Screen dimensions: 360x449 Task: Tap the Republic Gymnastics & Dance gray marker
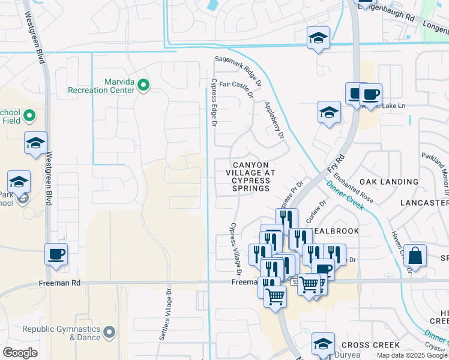click(x=109, y=331)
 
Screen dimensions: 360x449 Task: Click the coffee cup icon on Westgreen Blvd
click(x=56, y=254)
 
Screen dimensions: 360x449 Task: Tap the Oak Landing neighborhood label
click(x=388, y=181)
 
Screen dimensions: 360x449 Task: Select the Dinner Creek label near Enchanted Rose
click(x=345, y=196)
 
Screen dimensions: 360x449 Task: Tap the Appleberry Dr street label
click(x=274, y=119)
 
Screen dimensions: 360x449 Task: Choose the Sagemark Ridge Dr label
click(x=239, y=71)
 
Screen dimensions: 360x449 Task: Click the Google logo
click(x=19, y=353)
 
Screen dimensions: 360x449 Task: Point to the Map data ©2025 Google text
click(x=412, y=355)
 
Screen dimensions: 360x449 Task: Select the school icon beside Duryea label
click(x=323, y=344)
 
